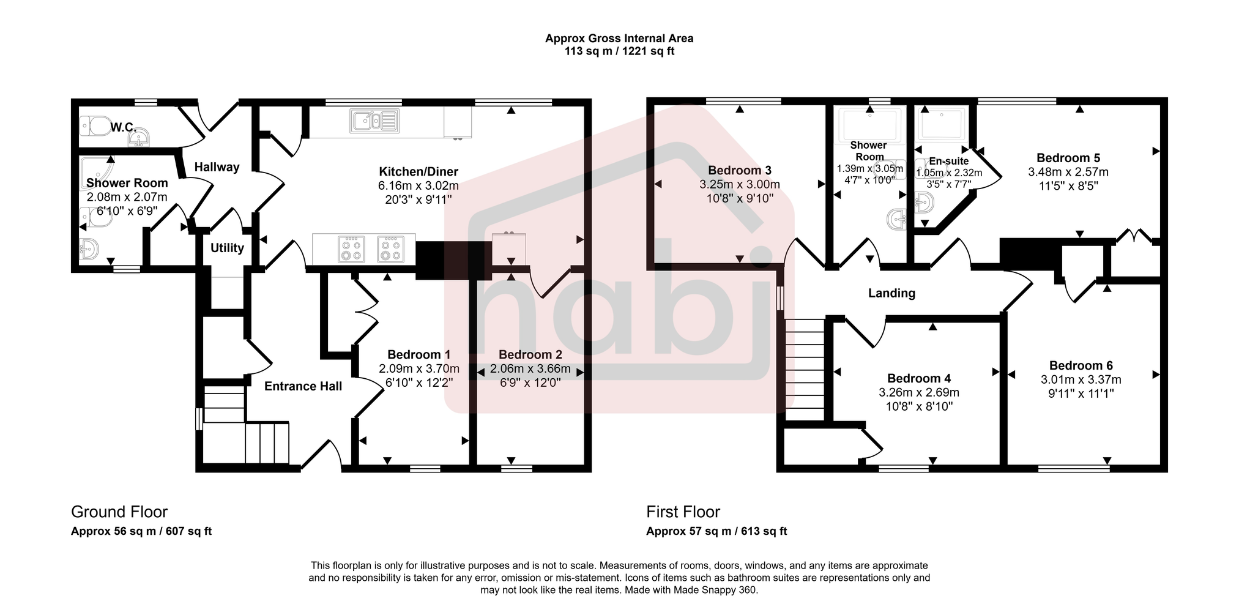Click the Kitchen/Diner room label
[x=418, y=172]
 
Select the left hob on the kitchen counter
[x=351, y=248]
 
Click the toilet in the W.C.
[x=94, y=126]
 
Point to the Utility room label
[x=227, y=248]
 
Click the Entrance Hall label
[x=303, y=386]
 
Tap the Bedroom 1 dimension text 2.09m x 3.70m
[x=419, y=368]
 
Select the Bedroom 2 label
[x=530, y=354]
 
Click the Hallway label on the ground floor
[x=217, y=167]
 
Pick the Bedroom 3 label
[x=739, y=170]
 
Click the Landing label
[x=891, y=293]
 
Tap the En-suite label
[x=948, y=161]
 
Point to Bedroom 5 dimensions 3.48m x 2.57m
[x=1068, y=172]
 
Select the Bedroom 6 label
[x=1081, y=365]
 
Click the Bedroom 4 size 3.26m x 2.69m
[x=918, y=392]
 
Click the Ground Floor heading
[x=119, y=512]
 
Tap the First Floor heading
[x=683, y=512]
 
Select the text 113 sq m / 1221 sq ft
[x=619, y=51]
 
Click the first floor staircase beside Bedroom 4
[x=805, y=370]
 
